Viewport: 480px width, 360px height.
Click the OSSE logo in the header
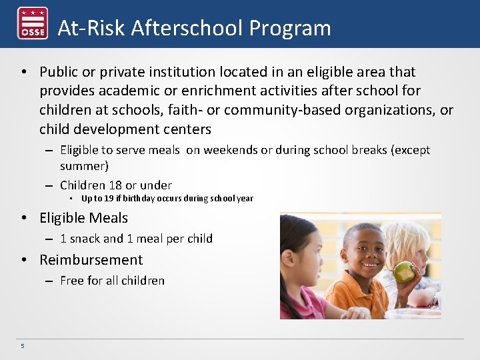coord(32,23)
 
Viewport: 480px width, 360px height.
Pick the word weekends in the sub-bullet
coord(230,150)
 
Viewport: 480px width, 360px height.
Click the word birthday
coord(141,199)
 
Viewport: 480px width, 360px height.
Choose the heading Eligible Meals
coord(83,217)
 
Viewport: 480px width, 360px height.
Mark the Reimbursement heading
coord(91,259)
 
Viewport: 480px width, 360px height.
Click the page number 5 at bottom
coord(22,345)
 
